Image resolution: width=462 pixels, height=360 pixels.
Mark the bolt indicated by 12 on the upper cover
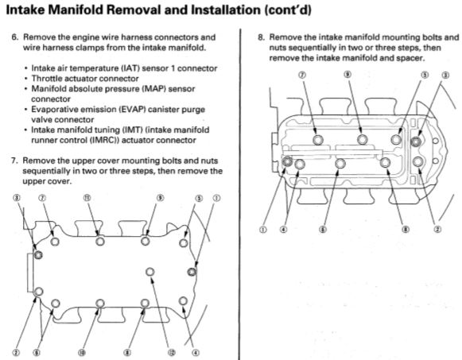(x=149, y=273)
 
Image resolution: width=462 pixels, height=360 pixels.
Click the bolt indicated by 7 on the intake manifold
(x=318, y=140)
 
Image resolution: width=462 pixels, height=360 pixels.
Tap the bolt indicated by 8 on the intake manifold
(x=385, y=163)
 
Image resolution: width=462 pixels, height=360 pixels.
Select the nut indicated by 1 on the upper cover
(x=191, y=272)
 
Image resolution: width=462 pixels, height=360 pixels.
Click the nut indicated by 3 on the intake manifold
(x=416, y=141)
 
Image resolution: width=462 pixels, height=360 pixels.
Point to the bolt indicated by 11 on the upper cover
(x=99, y=241)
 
